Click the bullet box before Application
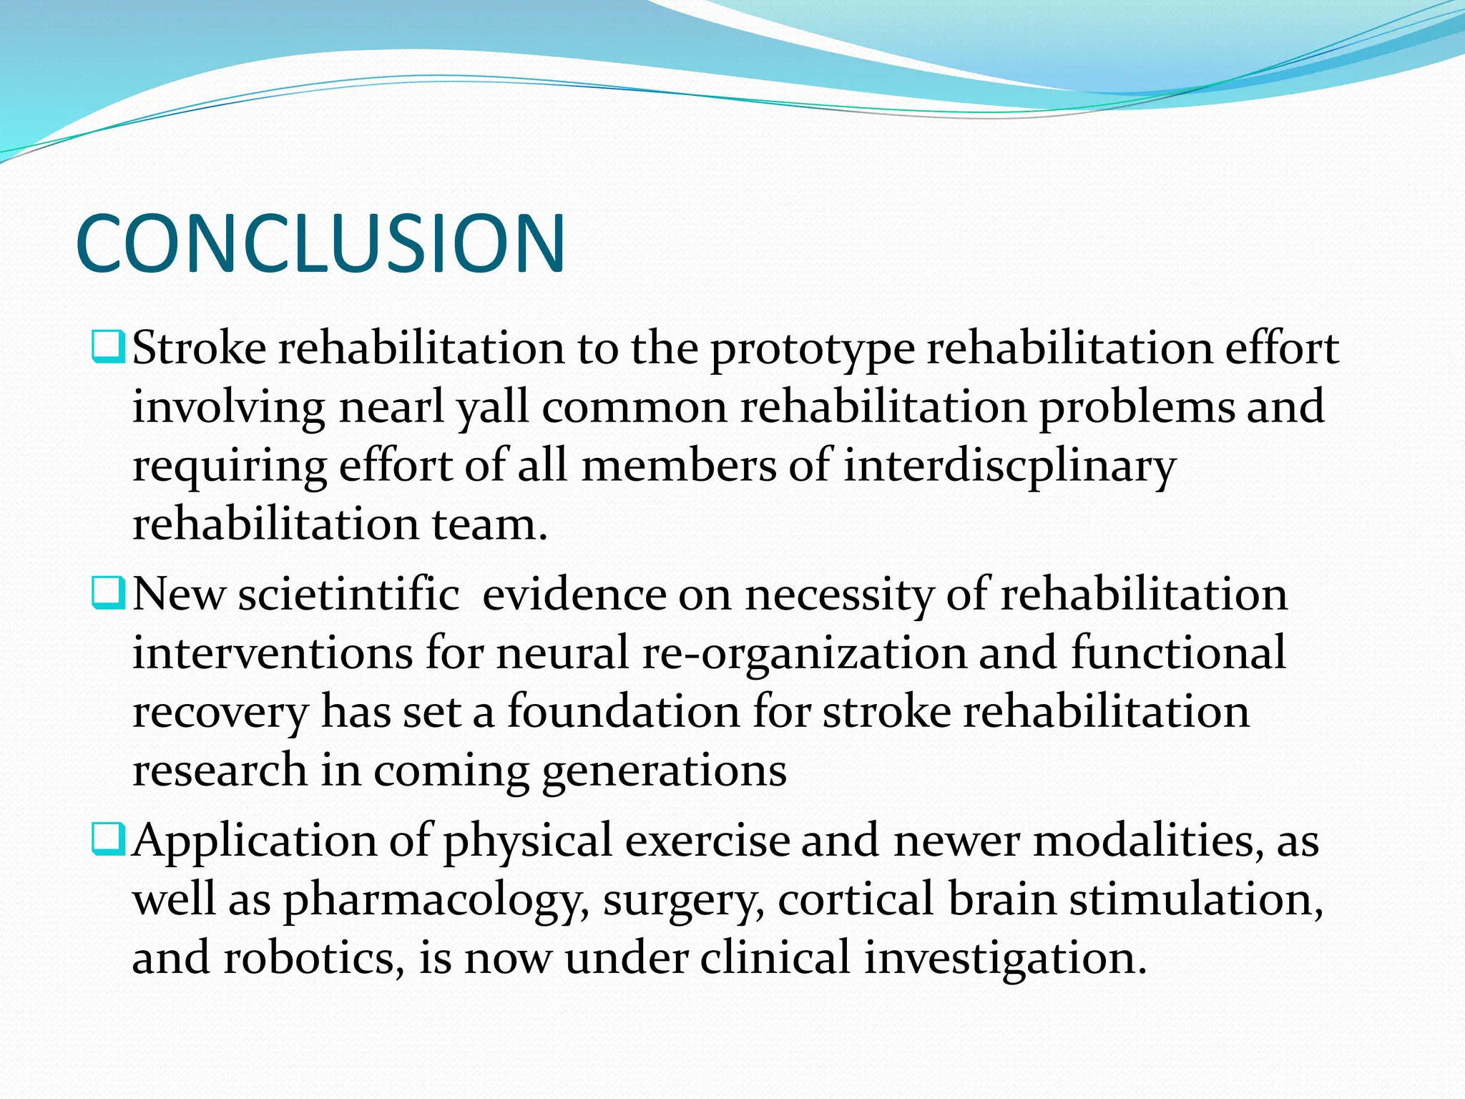click(x=109, y=839)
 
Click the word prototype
click(x=812, y=351)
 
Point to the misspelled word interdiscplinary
click(x=1009, y=467)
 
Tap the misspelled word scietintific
click(x=348, y=595)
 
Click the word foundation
click(x=624, y=713)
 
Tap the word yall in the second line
click(x=493, y=408)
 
